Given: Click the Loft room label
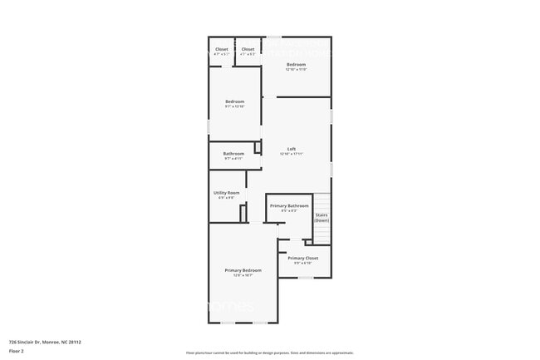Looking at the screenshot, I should [x=291, y=149].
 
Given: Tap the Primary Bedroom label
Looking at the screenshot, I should [x=243, y=270].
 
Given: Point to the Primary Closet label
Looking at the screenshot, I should [x=302, y=259].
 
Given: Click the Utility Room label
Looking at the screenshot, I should [x=226, y=193].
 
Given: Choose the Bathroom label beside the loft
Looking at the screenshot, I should [x=233, y=153].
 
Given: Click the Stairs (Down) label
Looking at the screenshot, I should [x=322, y=217].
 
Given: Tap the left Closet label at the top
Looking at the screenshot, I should [x=221, y=49].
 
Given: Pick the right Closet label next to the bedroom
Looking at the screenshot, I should [x=248, y=49].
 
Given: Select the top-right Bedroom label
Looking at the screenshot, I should [x=297, y=64].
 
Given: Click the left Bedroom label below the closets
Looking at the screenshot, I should [x=234, y=101].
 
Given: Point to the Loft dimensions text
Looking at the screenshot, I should [x=291, y=154].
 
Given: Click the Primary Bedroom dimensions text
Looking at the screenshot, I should [x=243, y=275].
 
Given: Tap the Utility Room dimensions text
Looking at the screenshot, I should [x=226, y=198].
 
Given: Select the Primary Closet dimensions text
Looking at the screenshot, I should [x=302, y=264].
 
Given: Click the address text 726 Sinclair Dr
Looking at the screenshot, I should [x=45, y=342].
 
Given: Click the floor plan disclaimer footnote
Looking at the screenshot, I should [x=269, y=353].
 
